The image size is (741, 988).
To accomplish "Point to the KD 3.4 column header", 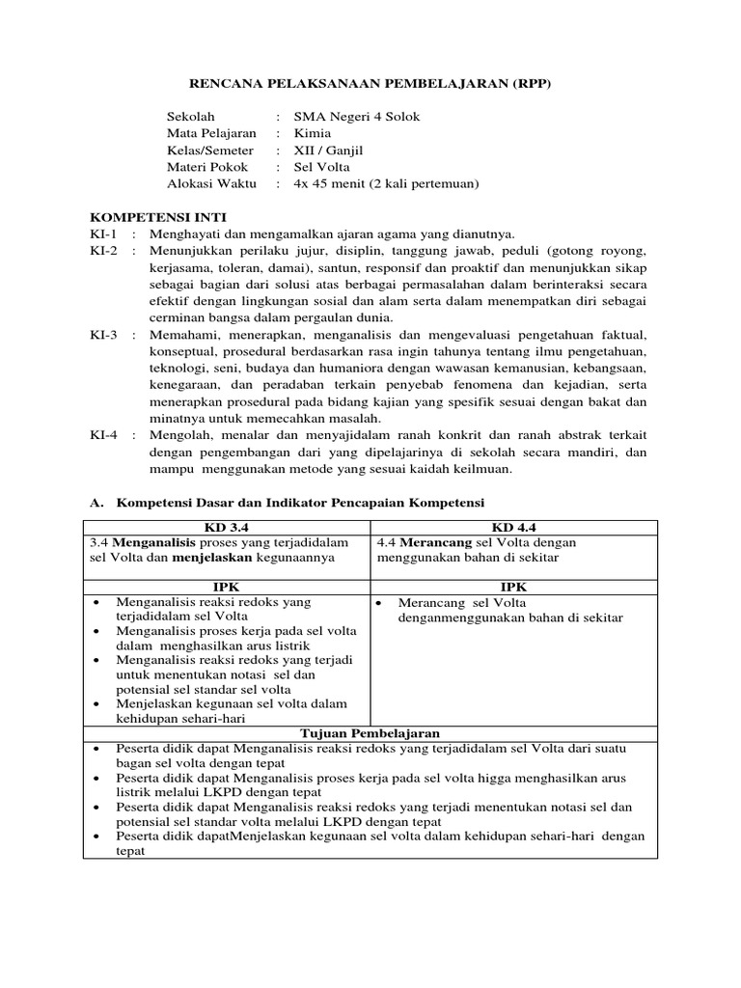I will pos(228,527).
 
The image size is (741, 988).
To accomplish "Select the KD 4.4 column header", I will pos(513,527).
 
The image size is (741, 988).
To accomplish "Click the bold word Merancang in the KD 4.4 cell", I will pos(428,542).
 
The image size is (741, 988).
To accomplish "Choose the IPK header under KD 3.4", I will pos(228,586).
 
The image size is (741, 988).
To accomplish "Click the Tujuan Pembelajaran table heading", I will pos(370,734).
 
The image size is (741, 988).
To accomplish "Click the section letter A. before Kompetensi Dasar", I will pos(96,503).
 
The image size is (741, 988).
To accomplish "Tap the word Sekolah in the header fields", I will pos(189,117).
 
